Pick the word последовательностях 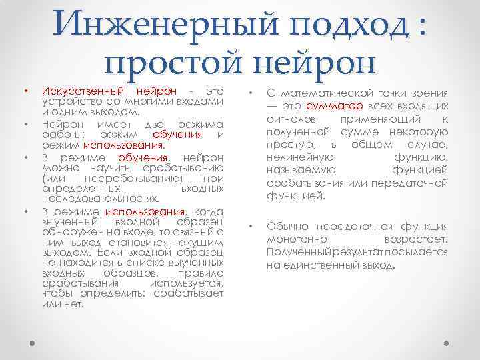click(x=100, y=199)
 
